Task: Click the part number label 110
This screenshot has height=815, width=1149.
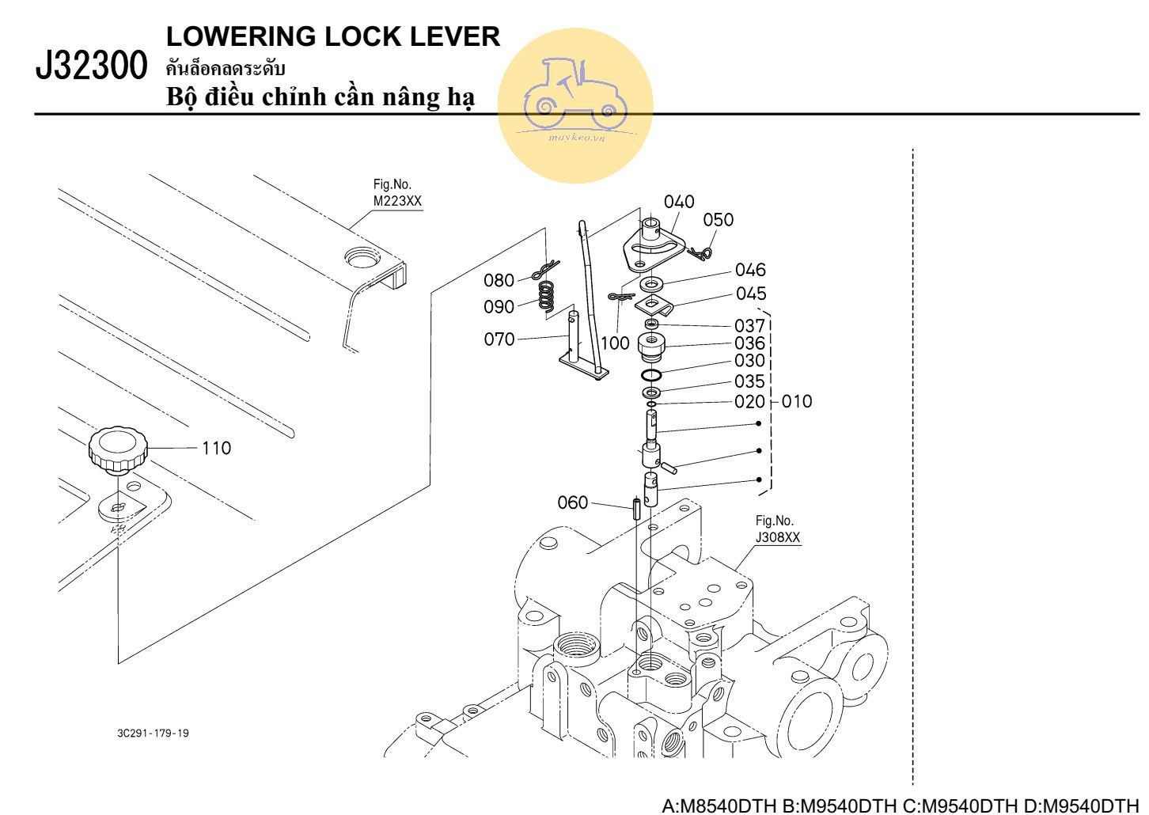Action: point(216,448)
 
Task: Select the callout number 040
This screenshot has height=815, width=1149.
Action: point(679,202)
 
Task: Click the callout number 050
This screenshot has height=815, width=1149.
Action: point(718,220)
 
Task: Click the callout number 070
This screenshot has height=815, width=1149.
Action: point(499,339)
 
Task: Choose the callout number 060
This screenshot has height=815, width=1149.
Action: point(573,502)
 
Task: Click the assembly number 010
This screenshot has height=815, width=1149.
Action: point(797,402)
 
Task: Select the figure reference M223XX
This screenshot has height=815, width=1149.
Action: point(397,201)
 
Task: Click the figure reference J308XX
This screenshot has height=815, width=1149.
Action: point(778,537)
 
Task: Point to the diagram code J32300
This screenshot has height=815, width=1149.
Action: point(92,66)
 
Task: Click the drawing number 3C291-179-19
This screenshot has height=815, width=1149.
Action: point(153,733)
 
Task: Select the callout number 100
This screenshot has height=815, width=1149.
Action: point(615,343)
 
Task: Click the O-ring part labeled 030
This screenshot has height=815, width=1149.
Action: point(651,374)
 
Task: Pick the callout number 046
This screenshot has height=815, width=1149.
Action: point(750,270)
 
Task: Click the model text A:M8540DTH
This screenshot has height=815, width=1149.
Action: point(719,806)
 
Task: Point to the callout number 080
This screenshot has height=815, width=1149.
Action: point(499,280)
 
